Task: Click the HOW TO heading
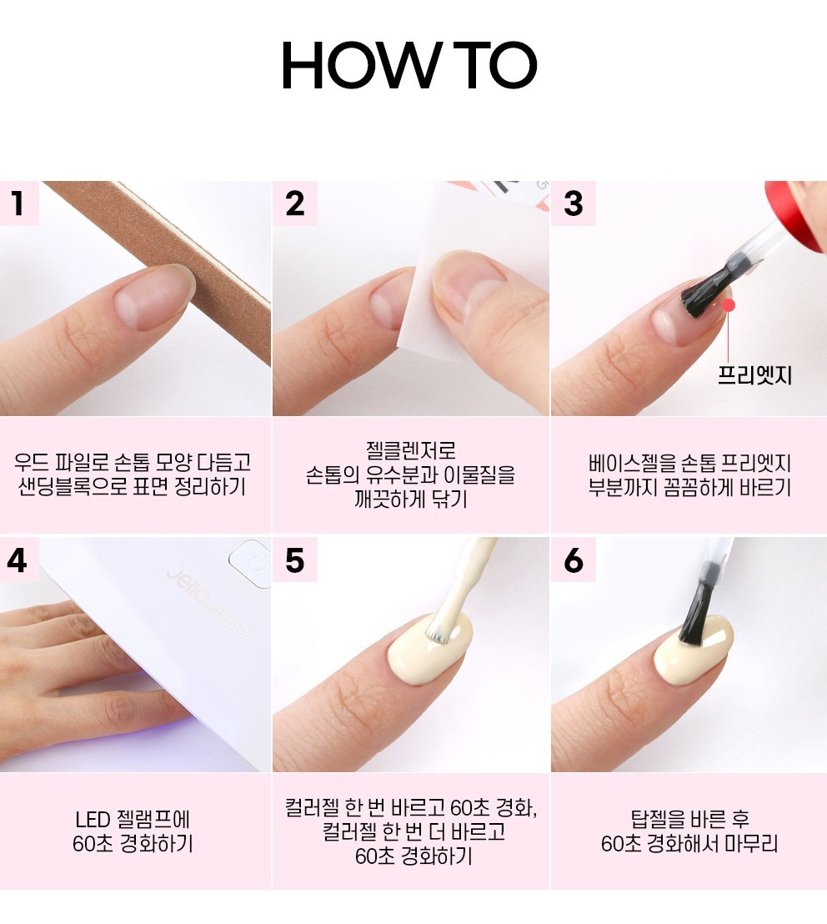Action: coord(409,65)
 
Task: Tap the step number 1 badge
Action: coord(19,203)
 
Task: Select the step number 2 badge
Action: coord(295,203)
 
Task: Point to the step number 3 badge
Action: coord(573,203)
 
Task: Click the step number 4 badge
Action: coord(19,560)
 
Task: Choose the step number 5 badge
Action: coord(295,560)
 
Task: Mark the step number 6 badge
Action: coord(573,560)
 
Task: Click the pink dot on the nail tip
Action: coord(729,305)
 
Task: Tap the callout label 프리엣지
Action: coord(754,375)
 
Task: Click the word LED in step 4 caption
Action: coord(93,820)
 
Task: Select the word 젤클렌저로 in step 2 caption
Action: coord(410,451)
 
